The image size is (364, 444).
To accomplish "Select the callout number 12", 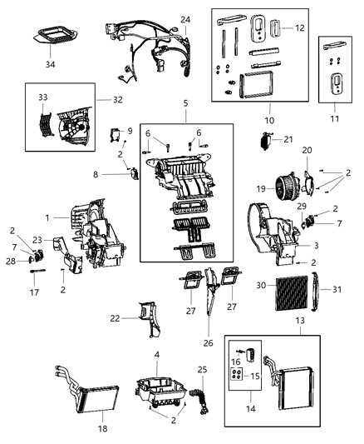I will point(299,28).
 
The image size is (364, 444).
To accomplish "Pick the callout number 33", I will point(44,97).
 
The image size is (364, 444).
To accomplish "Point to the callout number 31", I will point(337,289).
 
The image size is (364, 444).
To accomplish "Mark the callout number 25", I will point(204,369).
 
